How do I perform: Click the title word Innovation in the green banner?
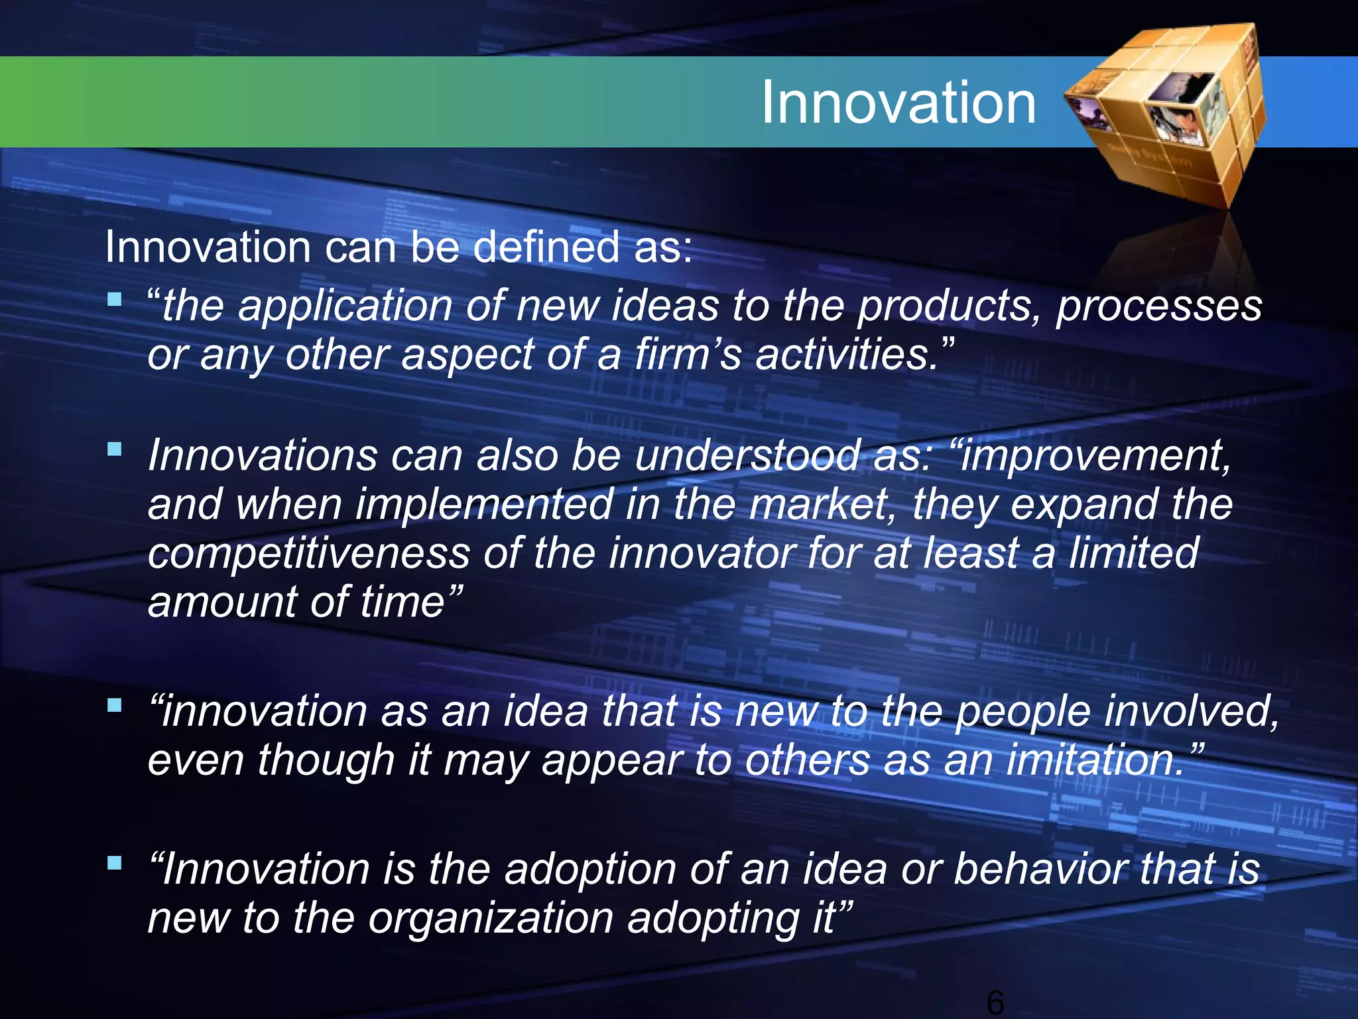point(898,102)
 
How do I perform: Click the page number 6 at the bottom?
point(995,1002)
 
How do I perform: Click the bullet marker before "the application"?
point(115,299)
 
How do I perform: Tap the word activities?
point(846,354)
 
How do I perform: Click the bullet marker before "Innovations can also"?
point(115,449)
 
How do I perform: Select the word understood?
point(747,456)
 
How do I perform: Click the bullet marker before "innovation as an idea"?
point(115,705)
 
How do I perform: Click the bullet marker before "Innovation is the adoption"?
point(115,862)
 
